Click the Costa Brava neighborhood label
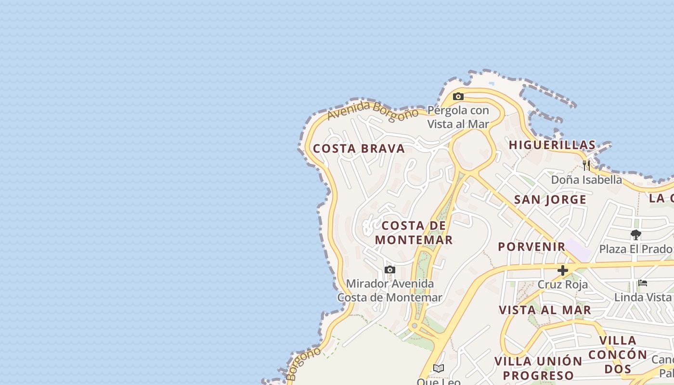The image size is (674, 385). [359, 149]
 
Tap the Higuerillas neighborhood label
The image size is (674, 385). [552, 145]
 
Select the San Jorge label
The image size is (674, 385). [550, 200]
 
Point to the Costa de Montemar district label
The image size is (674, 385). [414, 232]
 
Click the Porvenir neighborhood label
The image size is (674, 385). [531, 246]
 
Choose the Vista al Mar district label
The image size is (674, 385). [545, 310]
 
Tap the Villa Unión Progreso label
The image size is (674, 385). [538, 368]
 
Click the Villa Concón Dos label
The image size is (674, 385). [618, 355]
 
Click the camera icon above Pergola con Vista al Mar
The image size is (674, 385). [458, 96]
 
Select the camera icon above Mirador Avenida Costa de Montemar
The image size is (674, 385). [389, 269]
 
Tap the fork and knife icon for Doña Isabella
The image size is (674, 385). [586, 166]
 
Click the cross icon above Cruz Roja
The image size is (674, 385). [562, 270]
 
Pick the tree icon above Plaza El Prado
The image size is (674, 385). [635, 235]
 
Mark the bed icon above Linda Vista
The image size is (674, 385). [642, 283]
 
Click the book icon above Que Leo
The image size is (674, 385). [438, 368]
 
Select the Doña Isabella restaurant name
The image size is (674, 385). [586, 180]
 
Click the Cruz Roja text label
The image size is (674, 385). [562, 284]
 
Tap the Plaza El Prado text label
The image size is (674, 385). [635, 249]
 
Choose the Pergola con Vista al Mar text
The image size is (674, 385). [458, 117]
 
